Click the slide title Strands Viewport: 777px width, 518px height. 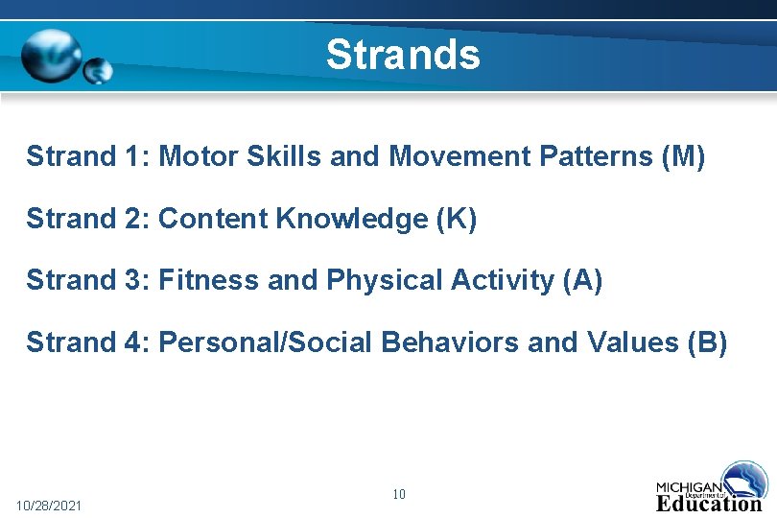(x=402, y=55)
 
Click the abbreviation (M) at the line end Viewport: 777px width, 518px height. (x=683, y=156)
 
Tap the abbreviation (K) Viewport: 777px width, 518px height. (x=456, y=219)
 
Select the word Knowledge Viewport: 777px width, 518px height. (x=352, y=219)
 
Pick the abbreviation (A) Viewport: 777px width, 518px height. (x=582, y=280)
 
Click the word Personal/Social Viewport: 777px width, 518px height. (x=266, y=341)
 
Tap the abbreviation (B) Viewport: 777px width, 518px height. (x=707, y=341)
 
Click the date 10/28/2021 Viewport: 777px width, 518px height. (x=49, y=505)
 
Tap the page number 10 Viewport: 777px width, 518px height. (x=399, y=495)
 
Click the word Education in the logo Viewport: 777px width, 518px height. (x=708, y=504)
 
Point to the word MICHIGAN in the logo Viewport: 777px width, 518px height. (x=689, y=486)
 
